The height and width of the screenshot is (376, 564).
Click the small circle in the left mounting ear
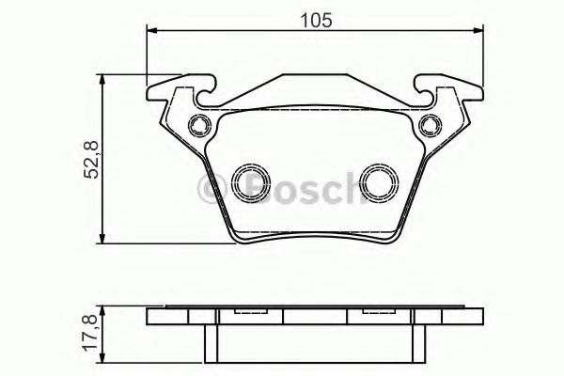click(x=196, y=124)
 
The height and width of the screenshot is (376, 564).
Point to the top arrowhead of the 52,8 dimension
click(x=102, y=78)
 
